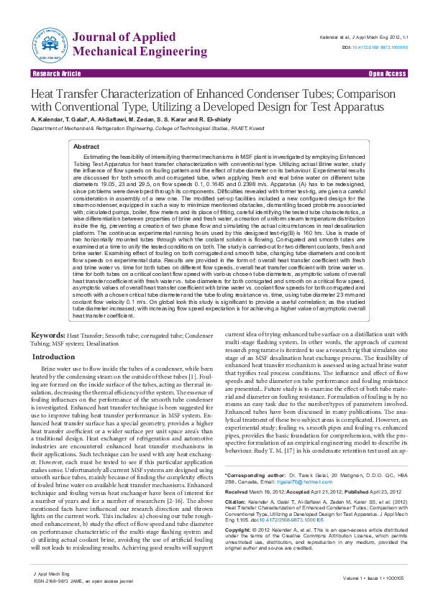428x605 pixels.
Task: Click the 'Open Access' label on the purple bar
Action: (387, 74)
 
